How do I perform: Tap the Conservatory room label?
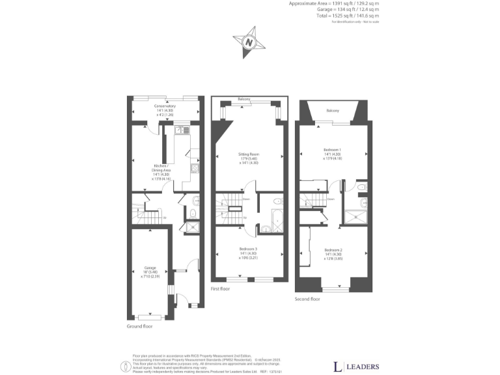pos(165,106)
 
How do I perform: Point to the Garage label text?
pos(151,268)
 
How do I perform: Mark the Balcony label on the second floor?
pos(332,111)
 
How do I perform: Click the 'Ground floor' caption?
pos(141,326)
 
